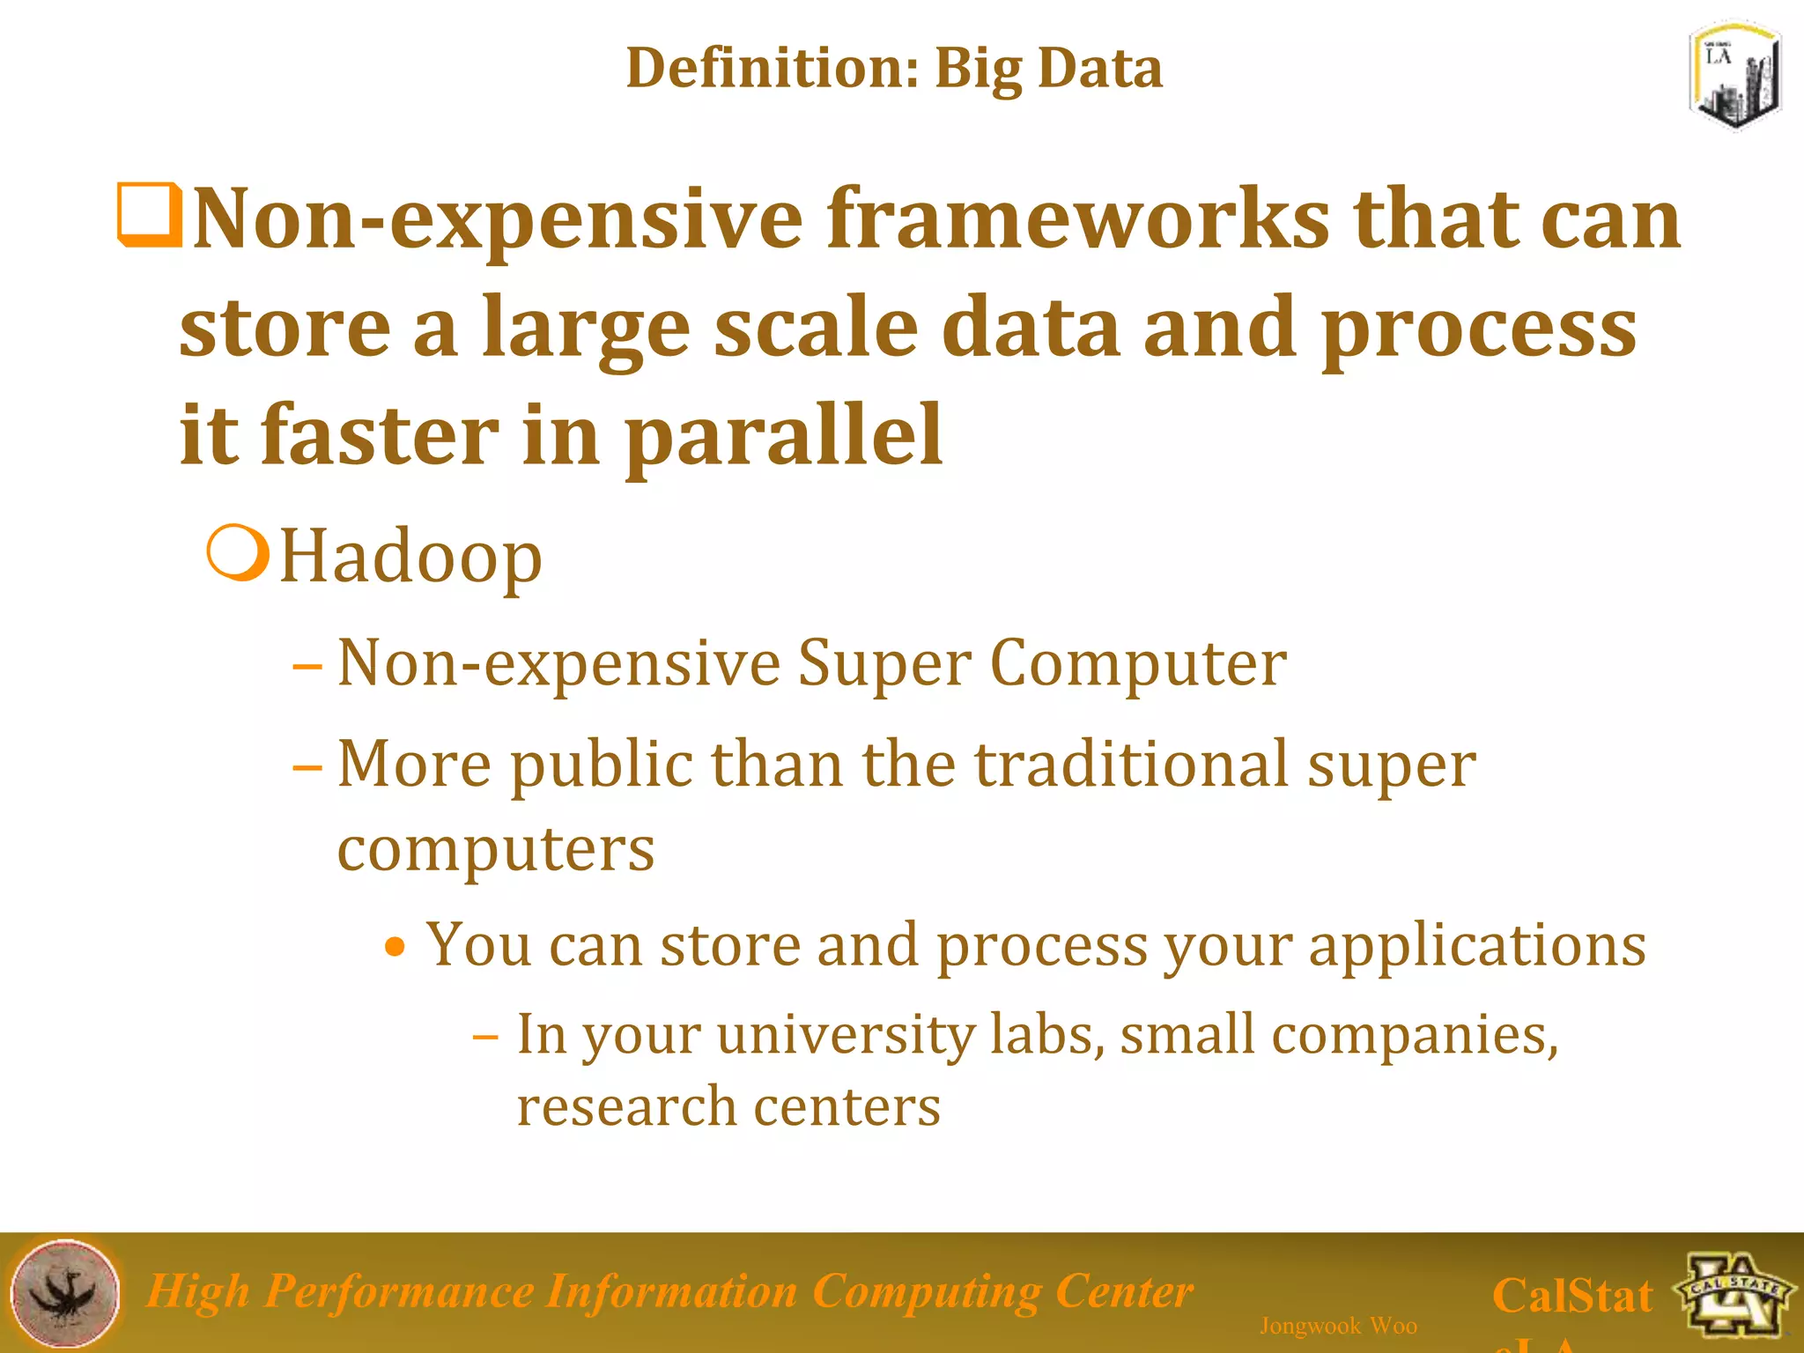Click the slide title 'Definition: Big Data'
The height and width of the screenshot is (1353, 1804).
(x=893, y=69)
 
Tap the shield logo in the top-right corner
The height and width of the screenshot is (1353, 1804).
(x=1734, y=78)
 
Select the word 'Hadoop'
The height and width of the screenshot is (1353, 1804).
(x=410, y=557)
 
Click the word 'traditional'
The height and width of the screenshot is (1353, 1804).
(x=1132, y=764)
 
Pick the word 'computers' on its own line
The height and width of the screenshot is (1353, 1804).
(x=496, y=848)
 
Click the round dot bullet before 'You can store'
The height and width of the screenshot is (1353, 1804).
(x=396, y=948)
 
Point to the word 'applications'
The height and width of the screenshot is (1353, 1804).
(x=1476, y=944)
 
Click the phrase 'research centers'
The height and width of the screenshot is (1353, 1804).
(x=728, y=1106)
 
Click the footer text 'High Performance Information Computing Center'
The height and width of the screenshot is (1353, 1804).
(x=669, y=1291)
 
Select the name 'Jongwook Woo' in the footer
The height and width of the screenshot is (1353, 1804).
(x=1337, y=1326)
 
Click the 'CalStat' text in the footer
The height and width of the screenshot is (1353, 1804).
(x=1571, y=1296)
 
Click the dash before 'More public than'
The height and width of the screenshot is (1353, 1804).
(x=307, y=766)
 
